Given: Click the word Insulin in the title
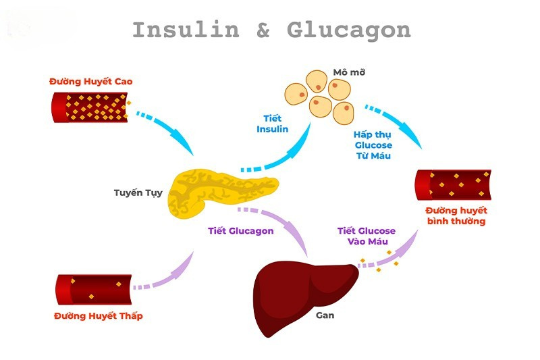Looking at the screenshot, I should [186, 30].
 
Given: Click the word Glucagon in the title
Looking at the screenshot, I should [348, 31].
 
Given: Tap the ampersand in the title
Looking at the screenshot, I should [263, 30].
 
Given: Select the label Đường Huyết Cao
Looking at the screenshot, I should [90, 82].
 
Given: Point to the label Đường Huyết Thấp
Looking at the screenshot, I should [99, 315].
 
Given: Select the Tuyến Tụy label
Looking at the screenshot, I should [138, 192].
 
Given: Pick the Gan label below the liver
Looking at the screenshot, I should [325, 315].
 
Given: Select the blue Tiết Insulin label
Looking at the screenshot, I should [272, 124].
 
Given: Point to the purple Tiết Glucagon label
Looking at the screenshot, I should [240, 230].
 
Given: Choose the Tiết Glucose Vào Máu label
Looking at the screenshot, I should [366, 236].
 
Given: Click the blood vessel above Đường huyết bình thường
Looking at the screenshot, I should [453, 184].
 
